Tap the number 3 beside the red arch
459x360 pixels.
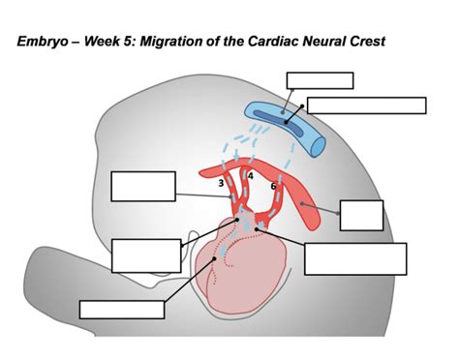222,183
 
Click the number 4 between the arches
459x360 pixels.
250,176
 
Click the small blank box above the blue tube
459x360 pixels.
320,80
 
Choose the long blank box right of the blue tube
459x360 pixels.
366,105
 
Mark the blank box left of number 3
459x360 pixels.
143,186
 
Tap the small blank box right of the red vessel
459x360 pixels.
361,215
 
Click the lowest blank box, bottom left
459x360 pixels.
122,310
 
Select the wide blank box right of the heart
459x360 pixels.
355,258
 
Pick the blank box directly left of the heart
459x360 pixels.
146,255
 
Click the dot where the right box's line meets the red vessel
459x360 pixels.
303,204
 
